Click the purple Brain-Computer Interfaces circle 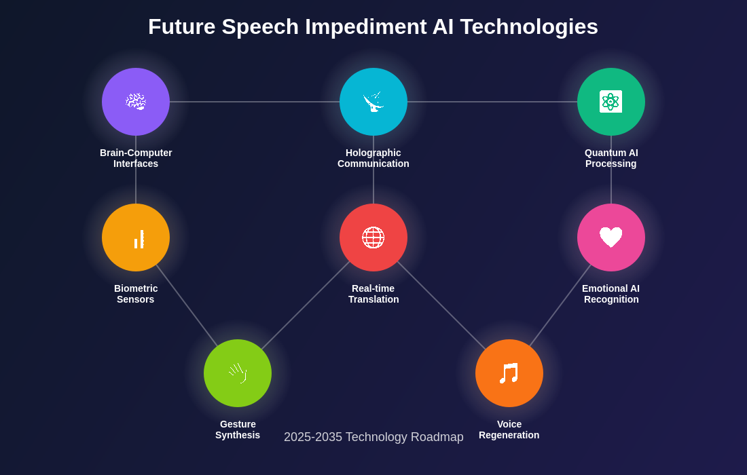pos(136,102)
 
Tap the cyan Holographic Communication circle pos(373,102)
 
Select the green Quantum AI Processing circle pos(611,102)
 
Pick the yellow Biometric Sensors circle pos(136,237)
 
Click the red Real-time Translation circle pos(373,237)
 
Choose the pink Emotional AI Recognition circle pos(611,237)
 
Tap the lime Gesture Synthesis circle pos(238,373)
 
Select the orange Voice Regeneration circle pos(509,373)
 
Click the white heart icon pos(611,237)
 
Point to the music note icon pos(509,373)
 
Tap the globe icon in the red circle pos(373,237)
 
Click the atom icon pos(611,101)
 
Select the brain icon pos(136,101)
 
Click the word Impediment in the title pos(366,27)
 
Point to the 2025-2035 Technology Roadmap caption pos(373,437)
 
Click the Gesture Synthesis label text pos(238,430)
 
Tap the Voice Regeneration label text pos(509,430)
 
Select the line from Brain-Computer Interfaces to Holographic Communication pos(255,102)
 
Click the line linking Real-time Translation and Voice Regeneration pos(441,305)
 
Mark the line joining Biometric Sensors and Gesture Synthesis pos(187,305)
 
